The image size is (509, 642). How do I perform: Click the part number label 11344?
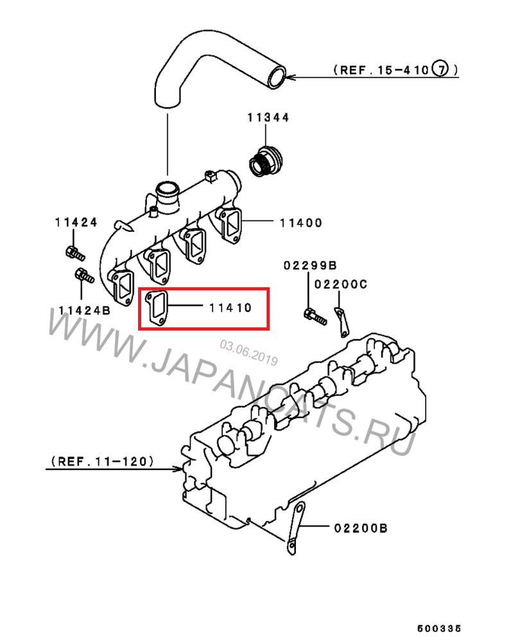pos(268,117)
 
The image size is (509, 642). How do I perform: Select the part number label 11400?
pos(301,223)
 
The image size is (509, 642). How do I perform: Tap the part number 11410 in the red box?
pos(230,308)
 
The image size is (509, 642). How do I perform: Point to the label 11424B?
pos(84,310)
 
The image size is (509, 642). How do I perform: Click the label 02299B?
pos(310,265)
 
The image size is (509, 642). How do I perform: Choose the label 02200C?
pos(341,284)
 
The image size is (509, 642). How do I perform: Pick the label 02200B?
pos(361,528)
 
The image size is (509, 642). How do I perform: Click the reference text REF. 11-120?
pos(102,462)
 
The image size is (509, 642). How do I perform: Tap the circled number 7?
pos(440,69)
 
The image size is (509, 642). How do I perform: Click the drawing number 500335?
pos(440,628)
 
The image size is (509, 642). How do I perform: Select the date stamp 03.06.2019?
pos(249,352)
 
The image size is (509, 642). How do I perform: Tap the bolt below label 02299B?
pos(315,317)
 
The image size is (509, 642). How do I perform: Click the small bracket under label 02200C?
pos(342,322)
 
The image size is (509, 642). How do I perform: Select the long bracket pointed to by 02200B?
pos(296,528)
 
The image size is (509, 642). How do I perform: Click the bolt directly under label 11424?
pos(75,254)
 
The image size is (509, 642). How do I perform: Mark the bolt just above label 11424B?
pos(84,275)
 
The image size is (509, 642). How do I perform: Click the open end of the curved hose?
pos(277,77)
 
